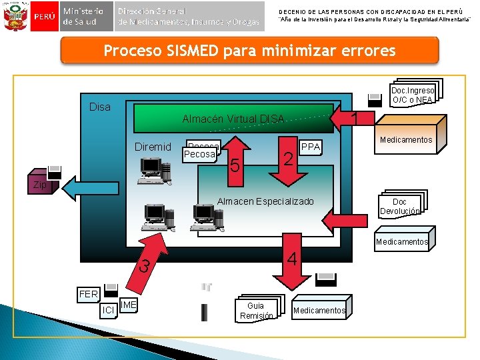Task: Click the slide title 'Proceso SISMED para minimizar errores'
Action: (x=249, y=51)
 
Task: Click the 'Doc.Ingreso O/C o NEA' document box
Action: (x=412, y=95)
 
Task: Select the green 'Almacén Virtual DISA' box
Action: (x=233, y=119)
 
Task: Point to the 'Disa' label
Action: (x=100, y=107)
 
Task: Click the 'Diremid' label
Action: (x=153, y=147)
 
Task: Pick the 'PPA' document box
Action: (x=311, y=147)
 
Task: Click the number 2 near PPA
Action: (x=287, y=159)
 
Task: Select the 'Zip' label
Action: (x=41, y=185)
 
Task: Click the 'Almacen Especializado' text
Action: (x=265, y=201)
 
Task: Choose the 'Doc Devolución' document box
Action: (x=399, y=207)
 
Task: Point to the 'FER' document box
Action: (x=89, y=293)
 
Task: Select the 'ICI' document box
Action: (x=107, y=309)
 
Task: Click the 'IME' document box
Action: (x=129, y=305)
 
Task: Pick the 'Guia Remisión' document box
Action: (x=257, y=311)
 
